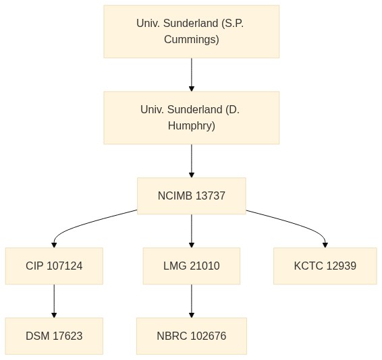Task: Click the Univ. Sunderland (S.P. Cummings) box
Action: (192, 32)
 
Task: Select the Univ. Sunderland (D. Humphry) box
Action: (192, 118)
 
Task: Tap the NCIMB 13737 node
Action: (192, 196)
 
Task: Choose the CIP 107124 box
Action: (54, 266)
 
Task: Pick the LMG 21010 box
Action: (192, 266)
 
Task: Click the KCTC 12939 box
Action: (325, 266)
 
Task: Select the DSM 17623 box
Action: (54, 336)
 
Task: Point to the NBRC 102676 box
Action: (192, 336)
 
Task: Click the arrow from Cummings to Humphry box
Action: (192, 75)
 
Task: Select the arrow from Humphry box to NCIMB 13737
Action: (192, 161)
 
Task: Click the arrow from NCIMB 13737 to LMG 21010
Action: (192, 231)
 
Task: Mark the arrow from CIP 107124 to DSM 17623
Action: (54, 301)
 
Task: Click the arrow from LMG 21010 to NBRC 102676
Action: (192, 301)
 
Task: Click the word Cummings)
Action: (192, 39)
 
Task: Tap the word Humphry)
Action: (192, 126)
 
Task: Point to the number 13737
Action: (211, 196)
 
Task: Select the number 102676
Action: (209, 336)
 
